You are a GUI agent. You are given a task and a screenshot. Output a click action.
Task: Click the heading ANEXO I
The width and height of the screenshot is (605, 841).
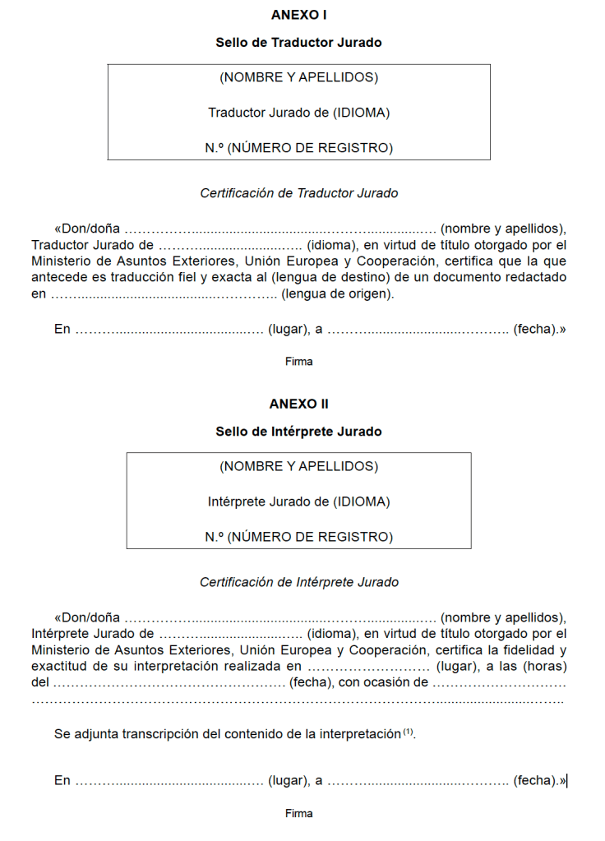(298, 15)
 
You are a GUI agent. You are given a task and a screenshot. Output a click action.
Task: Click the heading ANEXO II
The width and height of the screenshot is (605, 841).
(298, 404)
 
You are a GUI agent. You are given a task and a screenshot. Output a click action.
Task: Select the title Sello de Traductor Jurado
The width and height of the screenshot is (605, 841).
(298, 42)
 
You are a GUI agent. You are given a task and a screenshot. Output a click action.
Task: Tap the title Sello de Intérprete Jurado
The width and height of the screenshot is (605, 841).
(298, 431)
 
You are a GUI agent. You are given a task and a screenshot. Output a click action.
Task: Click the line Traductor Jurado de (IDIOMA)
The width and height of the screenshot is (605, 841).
(298, 113)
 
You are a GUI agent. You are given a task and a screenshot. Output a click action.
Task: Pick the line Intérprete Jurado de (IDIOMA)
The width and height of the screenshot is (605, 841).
(298, 501)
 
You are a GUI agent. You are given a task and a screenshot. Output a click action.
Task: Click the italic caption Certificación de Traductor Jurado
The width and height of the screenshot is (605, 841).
(298, 193)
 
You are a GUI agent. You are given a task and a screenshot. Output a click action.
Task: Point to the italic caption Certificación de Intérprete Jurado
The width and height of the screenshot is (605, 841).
(298, 582)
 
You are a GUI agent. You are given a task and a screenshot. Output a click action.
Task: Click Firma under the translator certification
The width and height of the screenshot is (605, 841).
(298, 361)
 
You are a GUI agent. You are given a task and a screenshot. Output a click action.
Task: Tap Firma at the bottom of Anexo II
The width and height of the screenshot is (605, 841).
(298, 814)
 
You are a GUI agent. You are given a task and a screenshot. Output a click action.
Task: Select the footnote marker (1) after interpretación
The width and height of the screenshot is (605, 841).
(409, 732)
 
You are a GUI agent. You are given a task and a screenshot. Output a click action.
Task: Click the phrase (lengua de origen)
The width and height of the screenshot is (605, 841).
(337, 293)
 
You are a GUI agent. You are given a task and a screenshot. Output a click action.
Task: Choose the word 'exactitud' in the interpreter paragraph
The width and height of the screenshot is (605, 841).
(59, 666)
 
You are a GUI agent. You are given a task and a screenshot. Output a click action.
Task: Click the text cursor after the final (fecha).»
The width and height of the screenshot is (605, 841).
(567, 781)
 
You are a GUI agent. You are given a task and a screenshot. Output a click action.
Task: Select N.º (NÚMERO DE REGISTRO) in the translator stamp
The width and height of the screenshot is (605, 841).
(298, 148)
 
